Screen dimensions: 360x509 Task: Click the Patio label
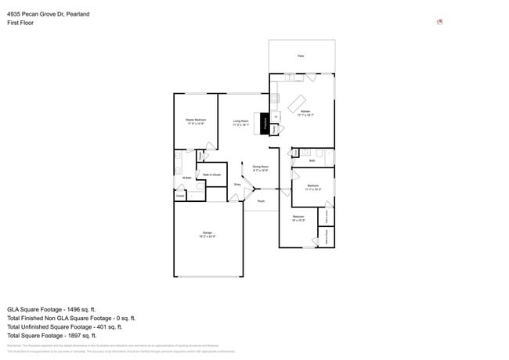pos(301,56)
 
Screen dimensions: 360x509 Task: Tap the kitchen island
pos(297,103)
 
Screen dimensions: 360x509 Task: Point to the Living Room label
pos(240,122)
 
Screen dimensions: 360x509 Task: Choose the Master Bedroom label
pos(195,121)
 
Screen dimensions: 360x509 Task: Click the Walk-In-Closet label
pos(211,175)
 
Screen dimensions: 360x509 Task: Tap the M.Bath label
pos(186,178)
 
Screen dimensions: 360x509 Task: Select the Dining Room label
pos(260,167)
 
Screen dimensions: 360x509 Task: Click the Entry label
pos(237,184)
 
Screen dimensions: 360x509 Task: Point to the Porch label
pos(261,201)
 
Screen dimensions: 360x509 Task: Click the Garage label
pos(208,234)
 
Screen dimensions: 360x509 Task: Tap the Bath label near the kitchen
pos(312,160)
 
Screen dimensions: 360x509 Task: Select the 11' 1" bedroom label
pos(313,187)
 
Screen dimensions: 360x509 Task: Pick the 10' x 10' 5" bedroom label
pos(298,218)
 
